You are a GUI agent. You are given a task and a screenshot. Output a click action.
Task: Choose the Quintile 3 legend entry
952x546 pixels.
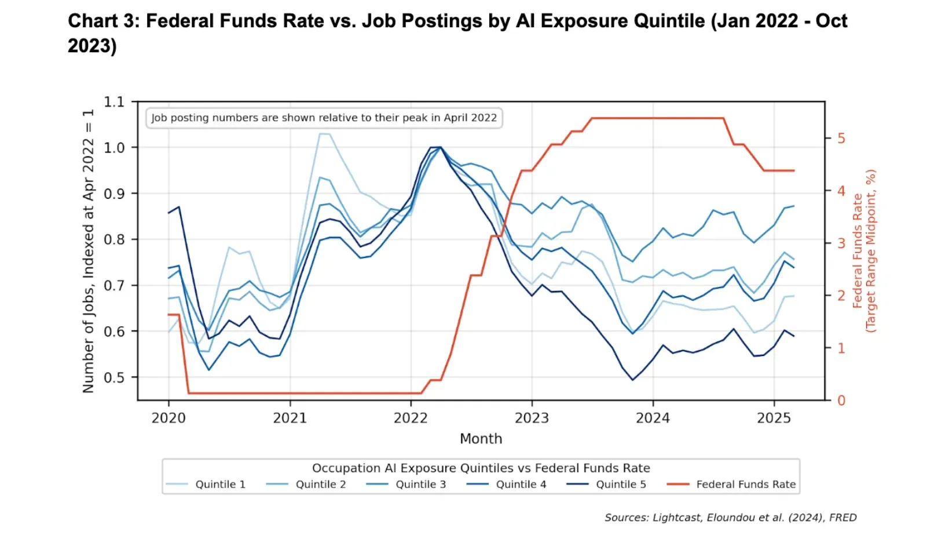tap(407, 485)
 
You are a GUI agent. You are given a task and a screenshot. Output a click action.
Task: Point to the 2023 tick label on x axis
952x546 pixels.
tap(532, 418)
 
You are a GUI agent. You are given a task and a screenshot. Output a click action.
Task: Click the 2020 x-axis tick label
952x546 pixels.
tap(169, 418)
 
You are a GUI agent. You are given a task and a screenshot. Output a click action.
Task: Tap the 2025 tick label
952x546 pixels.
tap(774, 418)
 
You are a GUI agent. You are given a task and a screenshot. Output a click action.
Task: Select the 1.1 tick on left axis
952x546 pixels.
tap(114, 102)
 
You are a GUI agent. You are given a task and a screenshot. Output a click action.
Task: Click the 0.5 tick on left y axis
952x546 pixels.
tap(114, 377)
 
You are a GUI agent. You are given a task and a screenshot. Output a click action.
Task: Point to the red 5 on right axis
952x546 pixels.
tap(841, 139)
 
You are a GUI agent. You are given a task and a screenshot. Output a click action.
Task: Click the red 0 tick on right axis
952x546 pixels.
tap(841, 401)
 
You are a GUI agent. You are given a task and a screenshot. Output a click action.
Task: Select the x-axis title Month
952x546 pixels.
tap(481, 439)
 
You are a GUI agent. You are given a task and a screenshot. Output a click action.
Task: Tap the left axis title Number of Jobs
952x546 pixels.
tap(88, 251)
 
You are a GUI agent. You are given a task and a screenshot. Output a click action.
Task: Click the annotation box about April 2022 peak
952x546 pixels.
tap(324, 118)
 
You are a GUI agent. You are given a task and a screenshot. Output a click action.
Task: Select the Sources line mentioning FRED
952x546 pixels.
tap(730, 518)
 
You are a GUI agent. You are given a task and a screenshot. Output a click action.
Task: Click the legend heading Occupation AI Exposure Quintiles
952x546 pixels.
tap(481, 468)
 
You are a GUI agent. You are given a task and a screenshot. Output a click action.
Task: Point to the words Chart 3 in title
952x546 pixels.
tap(102, 21)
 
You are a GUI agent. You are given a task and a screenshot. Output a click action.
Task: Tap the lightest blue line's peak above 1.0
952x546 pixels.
tap(324, 134)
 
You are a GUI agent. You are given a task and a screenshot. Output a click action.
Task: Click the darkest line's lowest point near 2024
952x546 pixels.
tap(633, 380)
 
